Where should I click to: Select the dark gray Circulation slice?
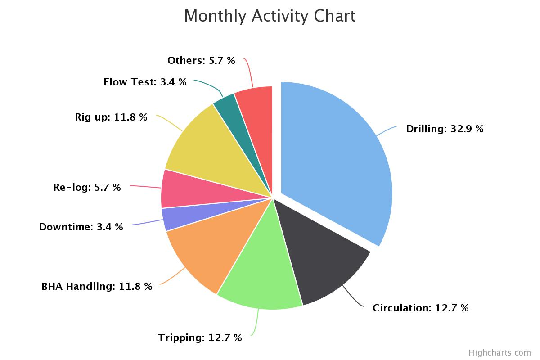(324, 252)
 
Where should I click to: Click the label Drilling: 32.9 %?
(445, 129)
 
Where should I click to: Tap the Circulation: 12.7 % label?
(420, 308)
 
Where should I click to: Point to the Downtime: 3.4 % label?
(81, 227)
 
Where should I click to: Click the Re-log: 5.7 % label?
(87, 188)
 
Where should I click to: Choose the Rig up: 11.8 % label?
(111, 117)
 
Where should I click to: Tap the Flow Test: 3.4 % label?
(145, 82)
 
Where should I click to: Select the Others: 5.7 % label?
(201, 61)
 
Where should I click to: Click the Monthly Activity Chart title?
(270, 16)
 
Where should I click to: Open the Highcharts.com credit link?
(499, 353)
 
